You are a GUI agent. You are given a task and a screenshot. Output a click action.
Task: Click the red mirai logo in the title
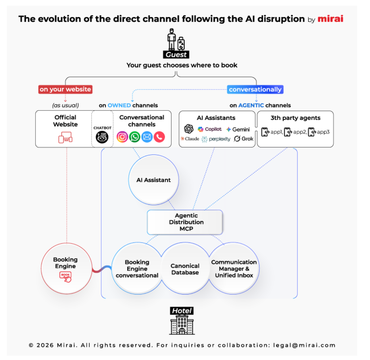(330, 19)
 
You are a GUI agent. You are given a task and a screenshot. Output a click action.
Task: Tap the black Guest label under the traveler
(176, 55)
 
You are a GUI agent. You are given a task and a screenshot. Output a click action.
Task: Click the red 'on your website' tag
(65, 89)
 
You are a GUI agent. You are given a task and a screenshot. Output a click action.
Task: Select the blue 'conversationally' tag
(255, 89)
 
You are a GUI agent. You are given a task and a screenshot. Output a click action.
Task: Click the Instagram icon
(122, 137)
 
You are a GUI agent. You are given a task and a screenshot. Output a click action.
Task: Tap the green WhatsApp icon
(135, 137)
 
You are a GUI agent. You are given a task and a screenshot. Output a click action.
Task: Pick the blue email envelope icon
(147, 137)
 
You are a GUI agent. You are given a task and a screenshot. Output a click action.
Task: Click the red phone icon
(159, 137)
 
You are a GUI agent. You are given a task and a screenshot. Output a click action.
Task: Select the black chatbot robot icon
(102, 137)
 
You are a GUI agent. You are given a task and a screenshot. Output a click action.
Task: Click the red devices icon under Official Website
(65, 137)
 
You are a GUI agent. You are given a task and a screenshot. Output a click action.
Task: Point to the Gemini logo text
(241, 129)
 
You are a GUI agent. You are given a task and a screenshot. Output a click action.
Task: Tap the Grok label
(247, 139)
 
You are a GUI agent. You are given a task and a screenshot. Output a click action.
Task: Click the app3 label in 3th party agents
(323, 132)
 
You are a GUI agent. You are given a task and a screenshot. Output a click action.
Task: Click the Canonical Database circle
(185, 269)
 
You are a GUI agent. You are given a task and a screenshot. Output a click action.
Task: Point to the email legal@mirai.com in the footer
(304, 345)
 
